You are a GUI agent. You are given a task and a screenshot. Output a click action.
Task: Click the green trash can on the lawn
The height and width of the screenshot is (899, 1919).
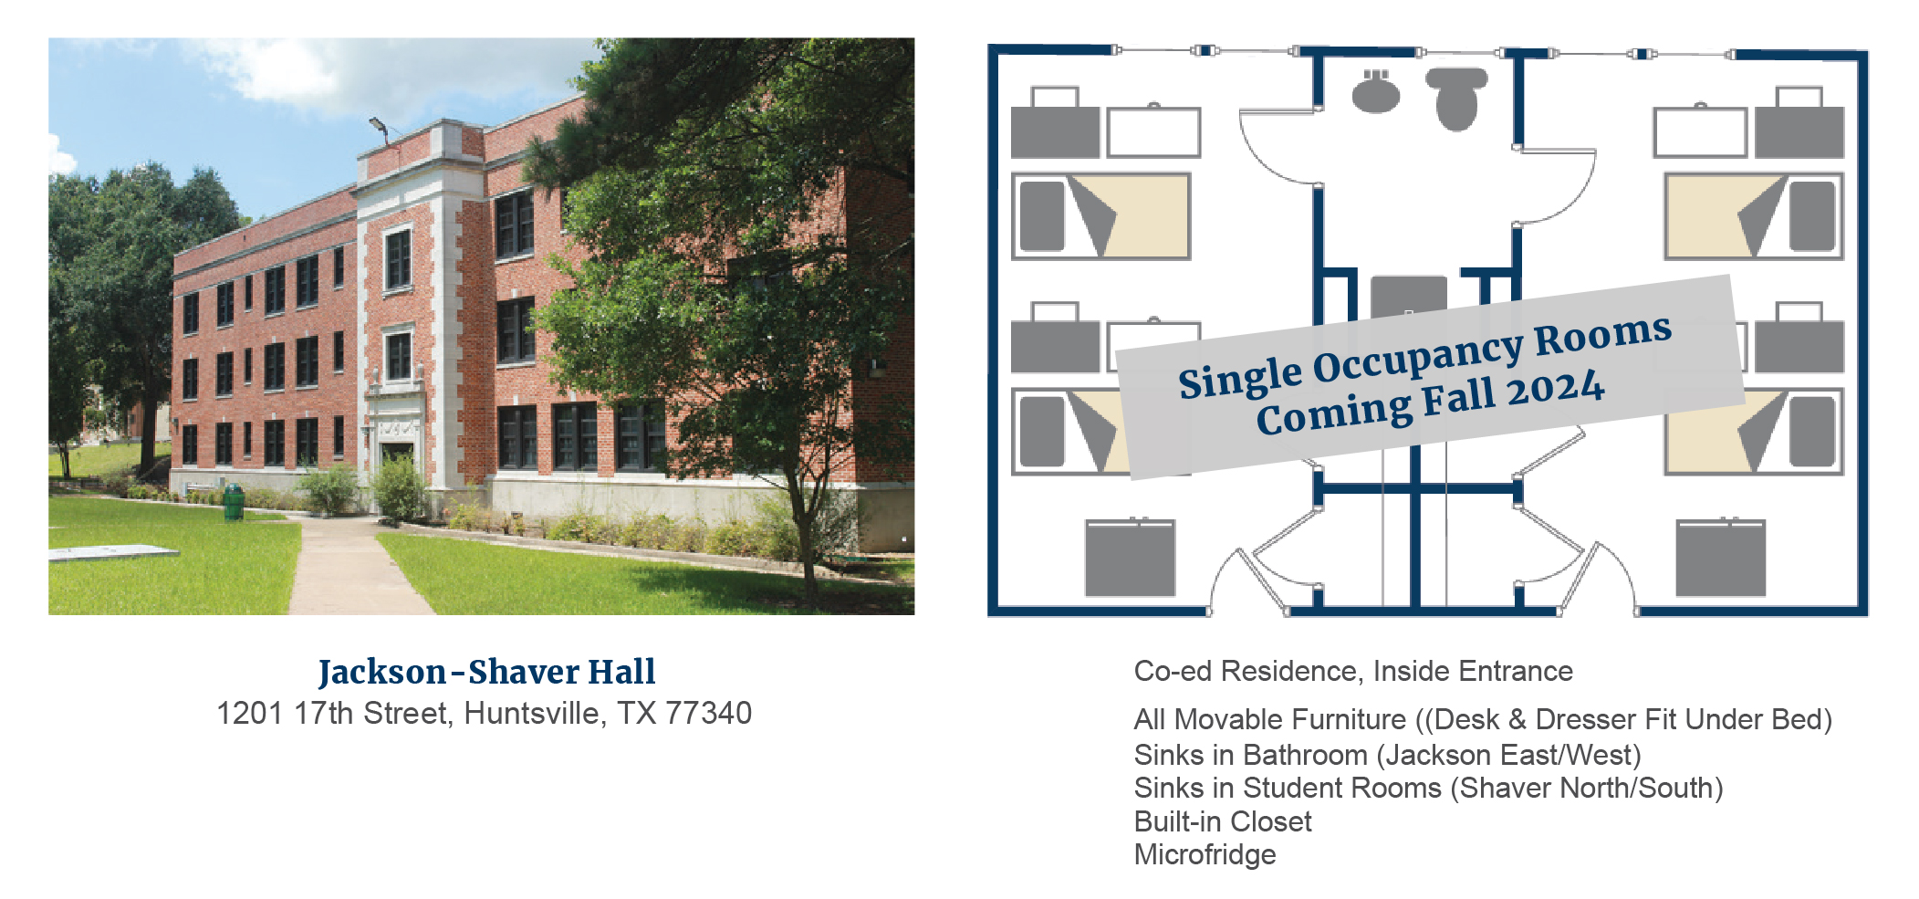[234, 502]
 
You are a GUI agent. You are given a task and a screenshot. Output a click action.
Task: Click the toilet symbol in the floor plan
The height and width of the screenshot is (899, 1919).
[1456, 99]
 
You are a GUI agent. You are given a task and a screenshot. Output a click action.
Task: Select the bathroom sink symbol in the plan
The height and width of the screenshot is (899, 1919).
[1376, 91]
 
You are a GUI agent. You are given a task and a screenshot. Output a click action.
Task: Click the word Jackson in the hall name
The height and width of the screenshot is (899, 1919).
[381, 673]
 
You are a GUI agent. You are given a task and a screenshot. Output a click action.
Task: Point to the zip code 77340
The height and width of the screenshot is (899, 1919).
[708, 713]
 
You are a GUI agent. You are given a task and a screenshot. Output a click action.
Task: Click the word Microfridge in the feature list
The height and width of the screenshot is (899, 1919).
[1205, 855]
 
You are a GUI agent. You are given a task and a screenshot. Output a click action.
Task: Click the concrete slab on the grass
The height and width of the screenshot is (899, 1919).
[112, 553]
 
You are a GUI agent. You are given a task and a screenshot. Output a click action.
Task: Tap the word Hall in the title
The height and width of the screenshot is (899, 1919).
[621, 673]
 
